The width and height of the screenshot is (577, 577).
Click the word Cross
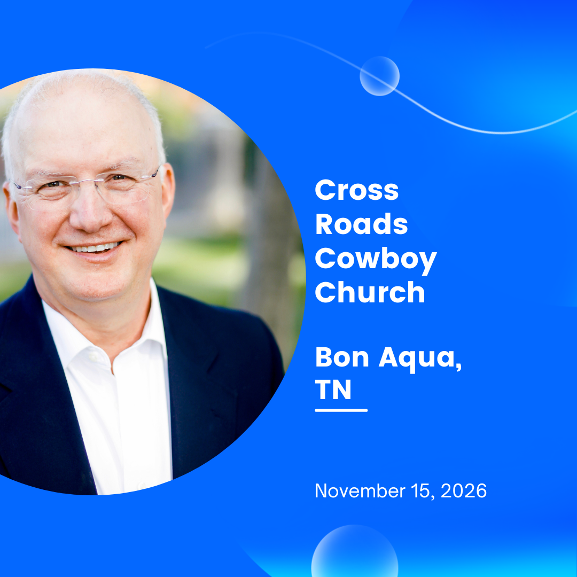pos(356,191)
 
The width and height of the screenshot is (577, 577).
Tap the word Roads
pos(361,225)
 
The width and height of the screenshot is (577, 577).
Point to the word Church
pos(370,293)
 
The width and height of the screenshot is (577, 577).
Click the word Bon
pos(342,358)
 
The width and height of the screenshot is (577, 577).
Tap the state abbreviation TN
pos(333,390)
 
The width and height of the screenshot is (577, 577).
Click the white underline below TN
pos(341,410)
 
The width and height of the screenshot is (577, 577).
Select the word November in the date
pos(361,491)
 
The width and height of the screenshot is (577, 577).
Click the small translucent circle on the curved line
pos(379,76)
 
